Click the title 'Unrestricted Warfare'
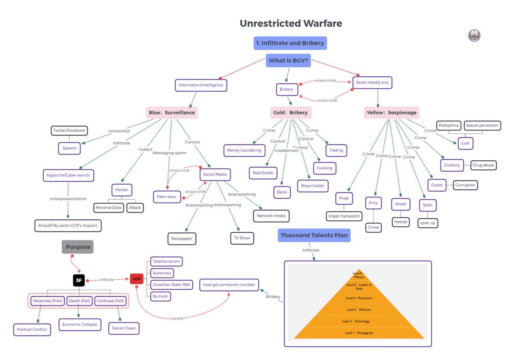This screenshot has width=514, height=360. pyautogui.click(x=291, y=23)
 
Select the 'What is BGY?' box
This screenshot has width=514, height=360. pyautogui.click(x=288, y=60)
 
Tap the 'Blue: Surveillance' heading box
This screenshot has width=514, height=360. pyautogui.click(x=171, y=113)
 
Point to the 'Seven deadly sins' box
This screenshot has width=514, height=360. pyautogui.click(x=372, y=82)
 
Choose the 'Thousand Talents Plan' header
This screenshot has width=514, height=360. pyautogui.click(x=314, y=235)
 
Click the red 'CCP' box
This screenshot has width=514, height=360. pyautogui.click(x=136, y=279)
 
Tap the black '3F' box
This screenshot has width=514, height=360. pyautogui.click(x=79, y=281)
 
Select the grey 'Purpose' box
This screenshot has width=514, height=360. pyautogui.click(x=78, y=247)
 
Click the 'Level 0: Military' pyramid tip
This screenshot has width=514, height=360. pyautogui.click(x=359, y=275)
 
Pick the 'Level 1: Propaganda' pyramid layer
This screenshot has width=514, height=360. pyautogui.click(x=359, y=333)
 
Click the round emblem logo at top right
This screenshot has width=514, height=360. pyautogui.click(x=474, y=36)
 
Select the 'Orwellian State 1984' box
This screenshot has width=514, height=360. pyautogui.click(x=172, y=285)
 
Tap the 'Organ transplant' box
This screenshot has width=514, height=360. pyautogui.click(x=344, y=216)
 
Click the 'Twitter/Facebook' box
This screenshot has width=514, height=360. pyautogui.click(x=69, y=130)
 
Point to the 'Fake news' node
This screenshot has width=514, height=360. pyautogui.click(x=167, y=197)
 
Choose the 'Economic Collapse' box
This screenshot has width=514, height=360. pyautogui.click(x=80, y=324)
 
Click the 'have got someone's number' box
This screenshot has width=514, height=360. pyautogui.click(x=229, y=285)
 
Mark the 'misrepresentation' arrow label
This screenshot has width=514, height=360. pyautogui.click(x=68, y=199)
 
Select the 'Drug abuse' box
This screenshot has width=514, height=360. pyautogui.click(x=483, y=165)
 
